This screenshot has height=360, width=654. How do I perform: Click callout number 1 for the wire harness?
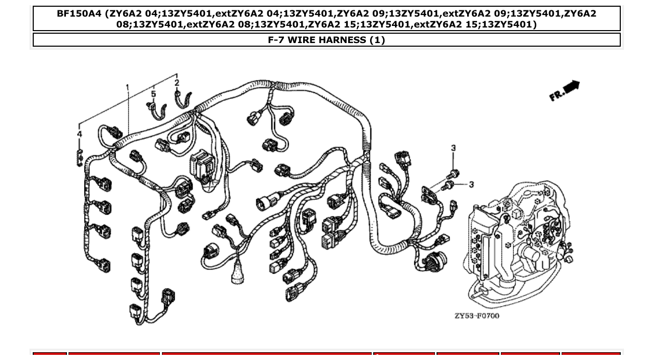(x=128, y=87)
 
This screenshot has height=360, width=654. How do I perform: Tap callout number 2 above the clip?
(x=176, y=82)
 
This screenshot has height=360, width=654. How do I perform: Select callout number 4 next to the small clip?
(x=79, y=134)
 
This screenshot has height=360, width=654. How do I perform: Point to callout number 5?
(x=154, y=94)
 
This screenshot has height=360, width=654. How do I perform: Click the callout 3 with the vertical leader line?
(x=453, y=148)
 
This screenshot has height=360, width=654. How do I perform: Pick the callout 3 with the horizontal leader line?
(x=471, y=184)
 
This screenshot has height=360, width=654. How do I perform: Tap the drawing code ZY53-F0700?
(x=477, y=316)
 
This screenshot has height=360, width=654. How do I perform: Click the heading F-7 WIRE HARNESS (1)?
(x=326, y=40)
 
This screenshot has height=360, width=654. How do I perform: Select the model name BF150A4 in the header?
(x=79, y=14)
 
